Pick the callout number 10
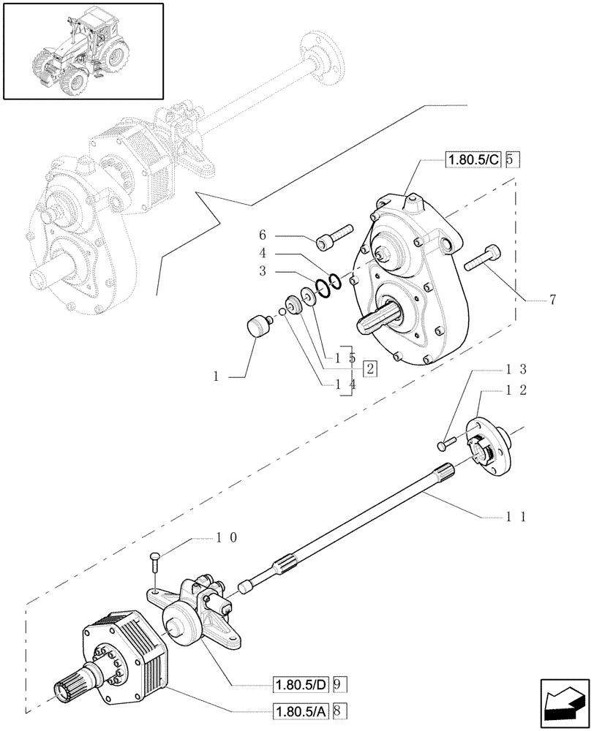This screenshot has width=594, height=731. click(225, 537)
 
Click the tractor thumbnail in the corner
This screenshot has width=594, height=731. click(83, 50)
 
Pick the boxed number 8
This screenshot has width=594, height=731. click(342, 709)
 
